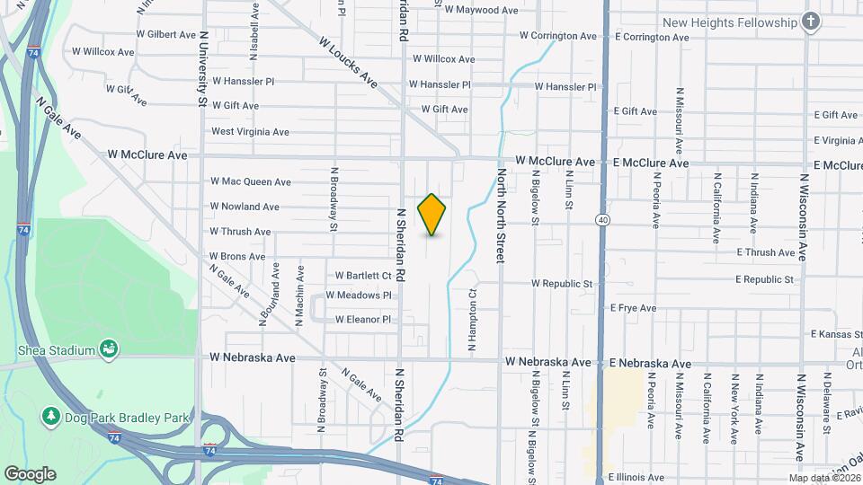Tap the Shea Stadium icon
109,348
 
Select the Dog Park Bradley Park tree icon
50,417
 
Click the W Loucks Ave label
347,62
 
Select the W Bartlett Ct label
363,276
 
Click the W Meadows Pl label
359,295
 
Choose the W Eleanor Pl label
362,319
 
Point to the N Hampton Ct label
470,320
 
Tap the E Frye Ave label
633,308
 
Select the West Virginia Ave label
250,131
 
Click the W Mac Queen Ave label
251,181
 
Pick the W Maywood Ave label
482,10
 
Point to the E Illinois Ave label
636,477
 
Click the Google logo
30,473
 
